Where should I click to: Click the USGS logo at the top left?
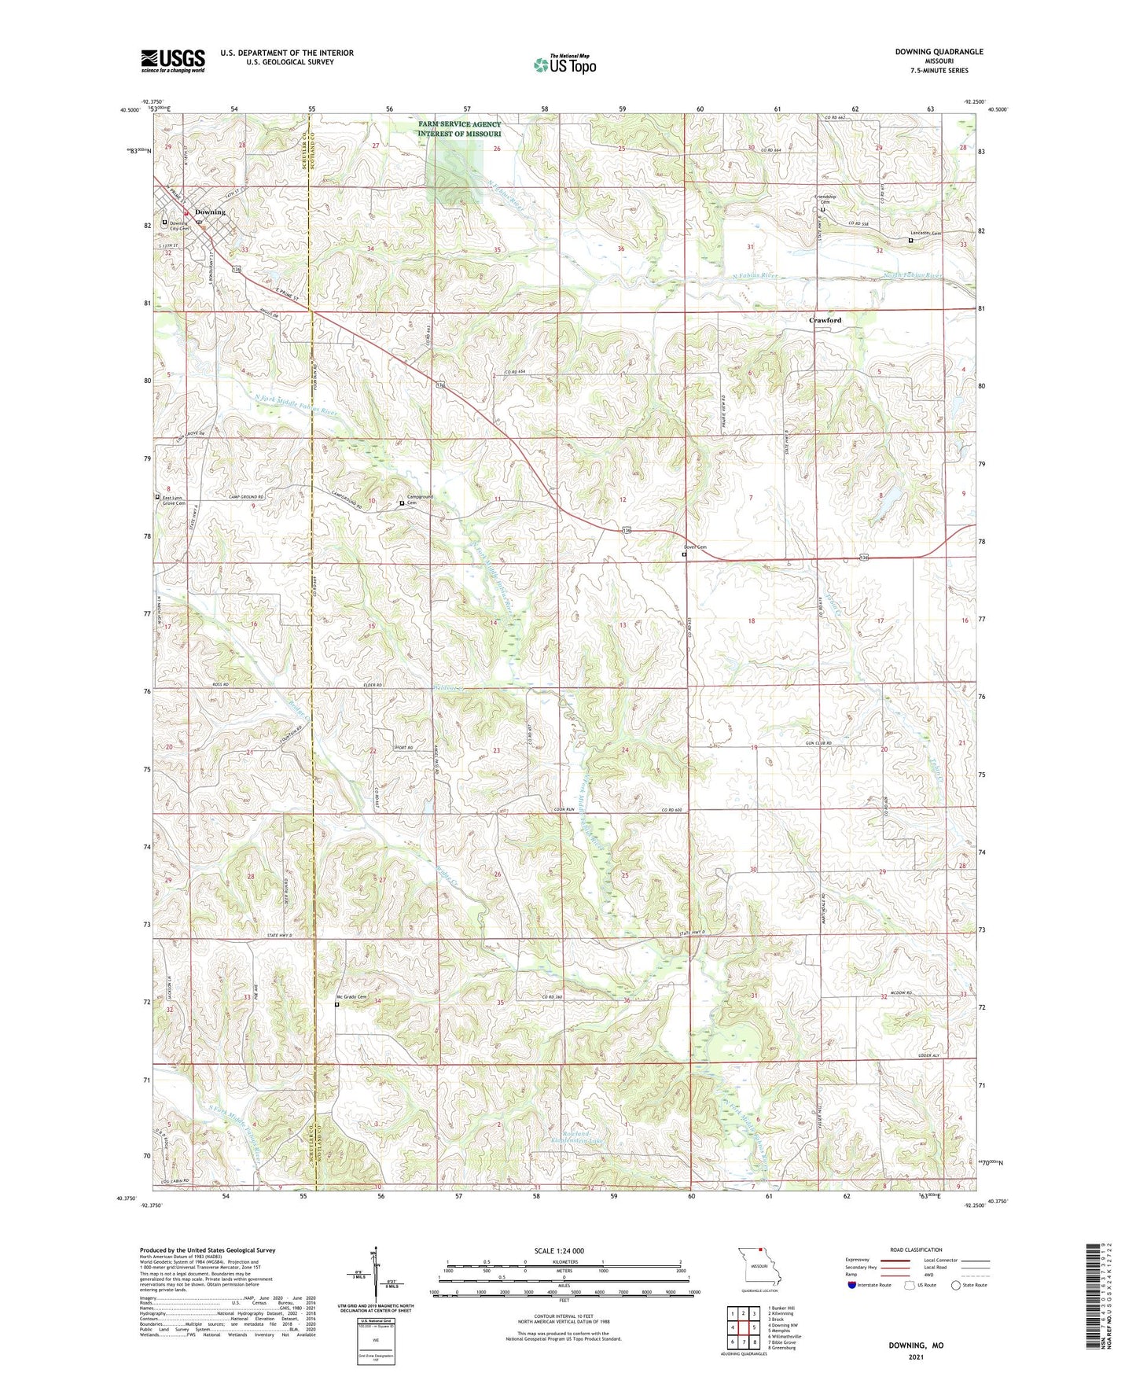tap(173, 61)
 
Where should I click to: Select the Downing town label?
tap(210, 212)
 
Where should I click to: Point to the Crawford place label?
tap(825, 320)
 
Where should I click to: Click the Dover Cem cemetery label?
tap(695, 547)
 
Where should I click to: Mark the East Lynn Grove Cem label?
tap(174, 500)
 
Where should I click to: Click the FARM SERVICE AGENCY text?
tap(459, 124)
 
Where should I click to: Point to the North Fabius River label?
tap(912, 275)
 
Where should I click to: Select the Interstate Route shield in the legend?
tap(852, 1285)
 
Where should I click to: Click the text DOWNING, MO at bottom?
tap(916, 1345)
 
